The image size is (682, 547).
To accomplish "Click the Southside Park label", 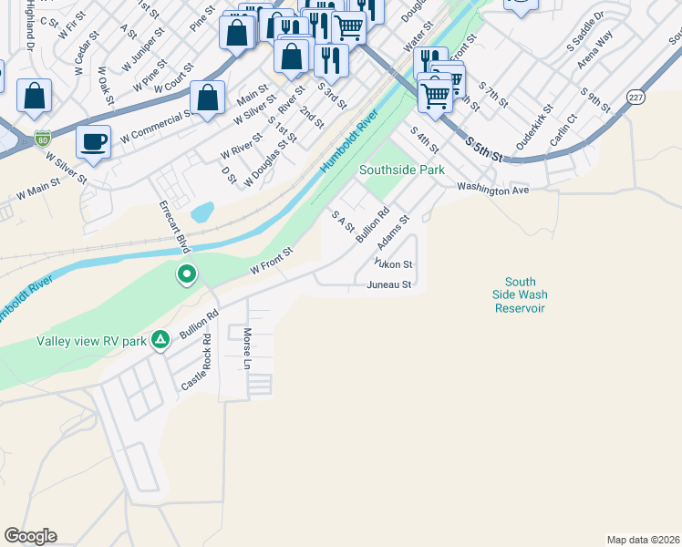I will coord(402,170).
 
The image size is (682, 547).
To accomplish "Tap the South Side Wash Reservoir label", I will coord(520,295).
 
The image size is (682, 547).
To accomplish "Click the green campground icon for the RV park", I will coord(160,340).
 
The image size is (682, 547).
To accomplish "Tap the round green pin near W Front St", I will coord(187,273).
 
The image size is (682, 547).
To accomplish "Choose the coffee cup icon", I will coord(93,142).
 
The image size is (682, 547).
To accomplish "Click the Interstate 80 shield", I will coord(42,139).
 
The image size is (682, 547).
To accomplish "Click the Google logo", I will coord(30,536).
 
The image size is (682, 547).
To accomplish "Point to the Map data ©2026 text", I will coord(643,540).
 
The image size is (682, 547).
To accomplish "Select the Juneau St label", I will coord(390,285).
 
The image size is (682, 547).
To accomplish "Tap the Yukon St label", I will coord(395,264).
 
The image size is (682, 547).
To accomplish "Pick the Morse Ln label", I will coord(247,349).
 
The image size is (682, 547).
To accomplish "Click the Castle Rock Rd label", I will coord(195,363).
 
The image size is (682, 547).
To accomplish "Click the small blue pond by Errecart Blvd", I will coord(203,212).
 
